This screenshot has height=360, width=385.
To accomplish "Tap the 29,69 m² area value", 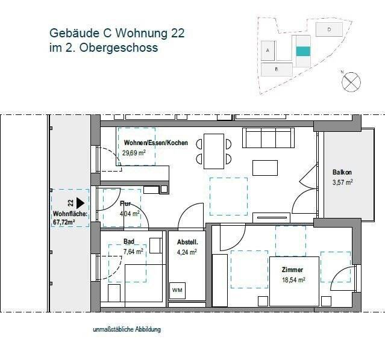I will pyautogui.click(x=134, y=153).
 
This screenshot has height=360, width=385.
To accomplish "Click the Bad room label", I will pyautogui.click(x=128, y=242).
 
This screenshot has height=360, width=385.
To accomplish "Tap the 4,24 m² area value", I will pyautogui.click(x=186, y=252).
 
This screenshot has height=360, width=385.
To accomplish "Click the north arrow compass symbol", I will pyautogui.click(x=350, y=82).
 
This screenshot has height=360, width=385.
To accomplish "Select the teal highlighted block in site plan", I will pyautogui.click(x=303, y=51).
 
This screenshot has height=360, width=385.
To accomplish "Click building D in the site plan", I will pyautogui.click(x=329, y=29).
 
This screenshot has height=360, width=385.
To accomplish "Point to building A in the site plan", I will pyautogui.click(x=267, y=51).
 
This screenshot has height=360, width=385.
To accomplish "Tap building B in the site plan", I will pyautogui.click(x=275, y=69).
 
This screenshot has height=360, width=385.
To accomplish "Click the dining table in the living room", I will pyautogui.click(x=213, y=151).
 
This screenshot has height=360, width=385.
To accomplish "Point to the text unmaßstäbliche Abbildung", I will pyautogui.click(x=127, y=329).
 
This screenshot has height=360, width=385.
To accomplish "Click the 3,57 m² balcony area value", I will pyautogui.click(x=342, y=182).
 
